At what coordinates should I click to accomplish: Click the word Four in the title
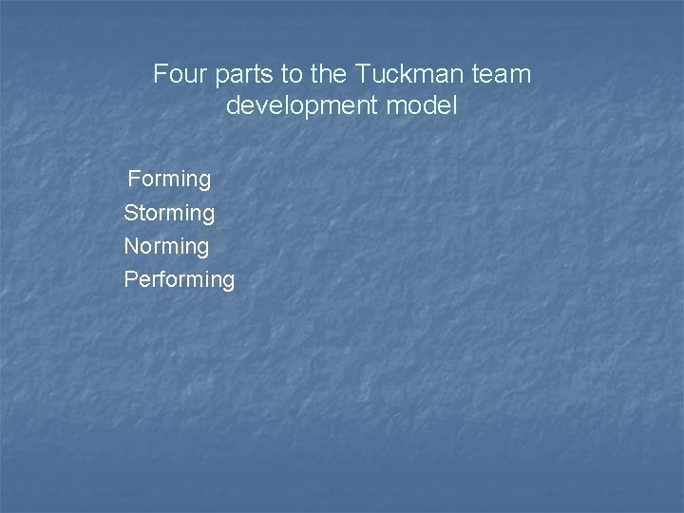click(177, 73)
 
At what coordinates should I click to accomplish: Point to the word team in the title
click(506, 73)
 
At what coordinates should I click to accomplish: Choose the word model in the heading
click(423, 105)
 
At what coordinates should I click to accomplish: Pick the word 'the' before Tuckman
click(329, 73)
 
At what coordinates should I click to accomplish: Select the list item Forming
click(169, 179)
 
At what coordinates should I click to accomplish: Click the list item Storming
click(169, 213)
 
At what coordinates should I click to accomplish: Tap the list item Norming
click(166, 246)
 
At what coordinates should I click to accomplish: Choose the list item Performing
click(179, 279)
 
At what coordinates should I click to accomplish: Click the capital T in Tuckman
click(362, 73)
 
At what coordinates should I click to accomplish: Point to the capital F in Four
click(160, 73)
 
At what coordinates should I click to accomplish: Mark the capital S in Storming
click(130, 213)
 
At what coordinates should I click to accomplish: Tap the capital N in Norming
click(131, 246)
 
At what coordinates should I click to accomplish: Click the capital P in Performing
click(130, 279)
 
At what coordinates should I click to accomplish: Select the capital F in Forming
click(134, 179)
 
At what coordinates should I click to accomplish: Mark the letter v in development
click(265, 105)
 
